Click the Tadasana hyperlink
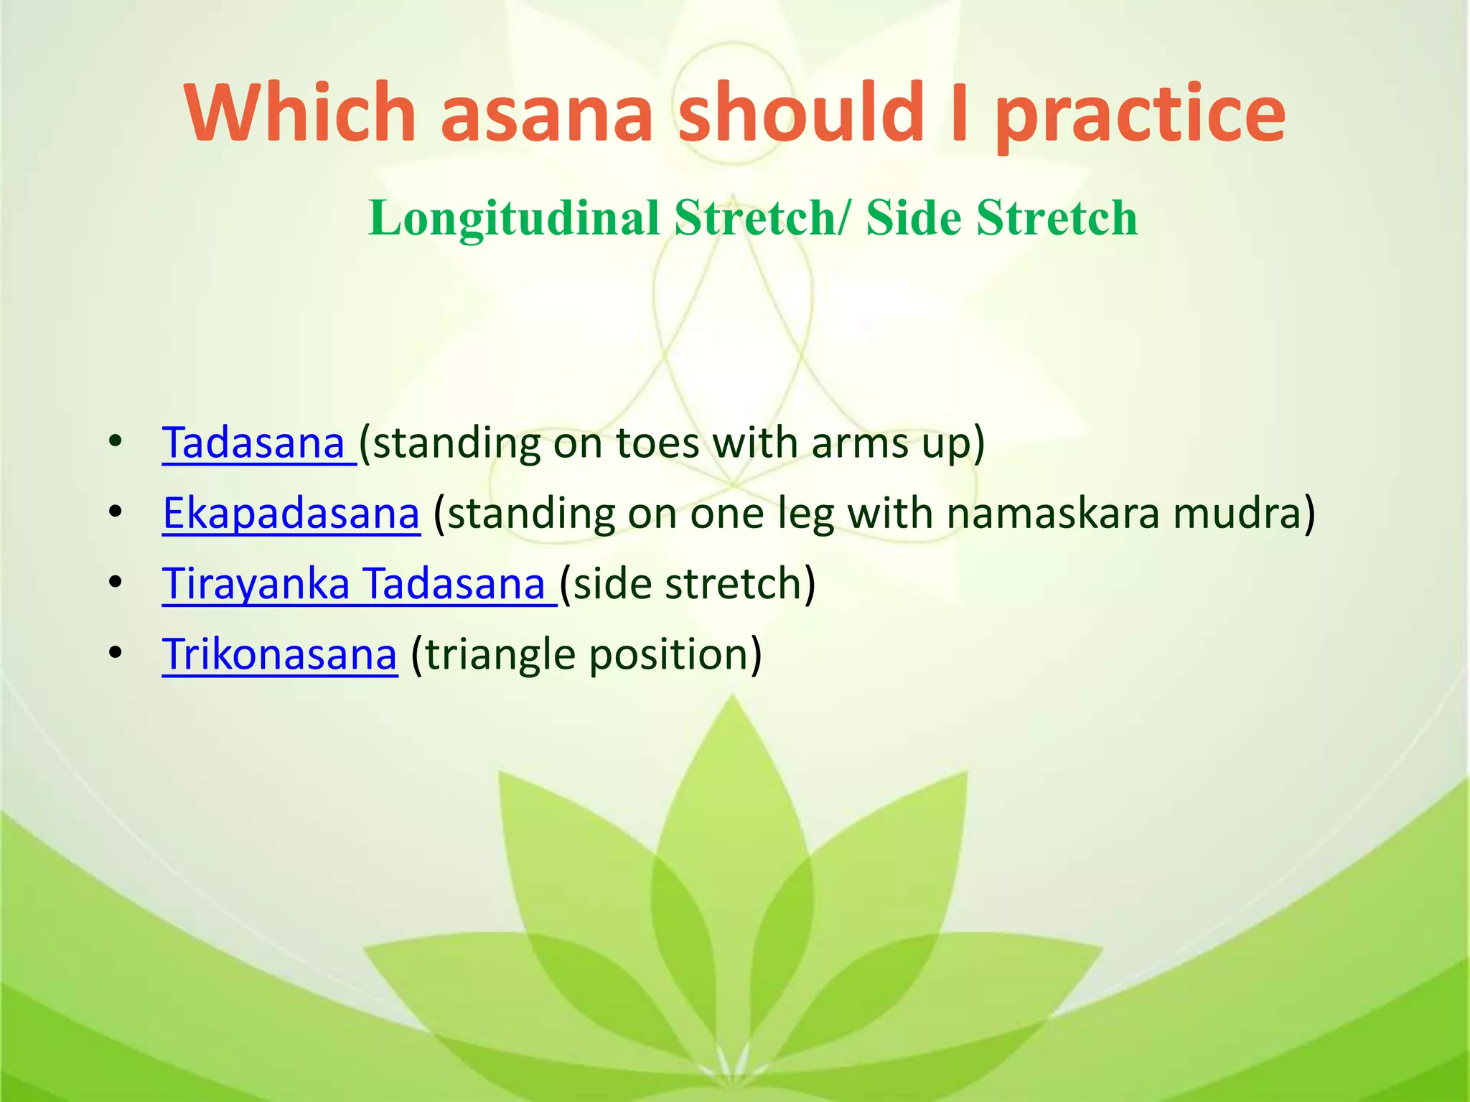253,443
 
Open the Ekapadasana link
291,514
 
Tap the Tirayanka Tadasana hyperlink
353,583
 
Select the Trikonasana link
279,654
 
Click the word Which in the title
301,113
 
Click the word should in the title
801,113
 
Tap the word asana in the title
546,113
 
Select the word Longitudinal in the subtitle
514,217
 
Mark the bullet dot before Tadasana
115,442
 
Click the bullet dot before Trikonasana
115,653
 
